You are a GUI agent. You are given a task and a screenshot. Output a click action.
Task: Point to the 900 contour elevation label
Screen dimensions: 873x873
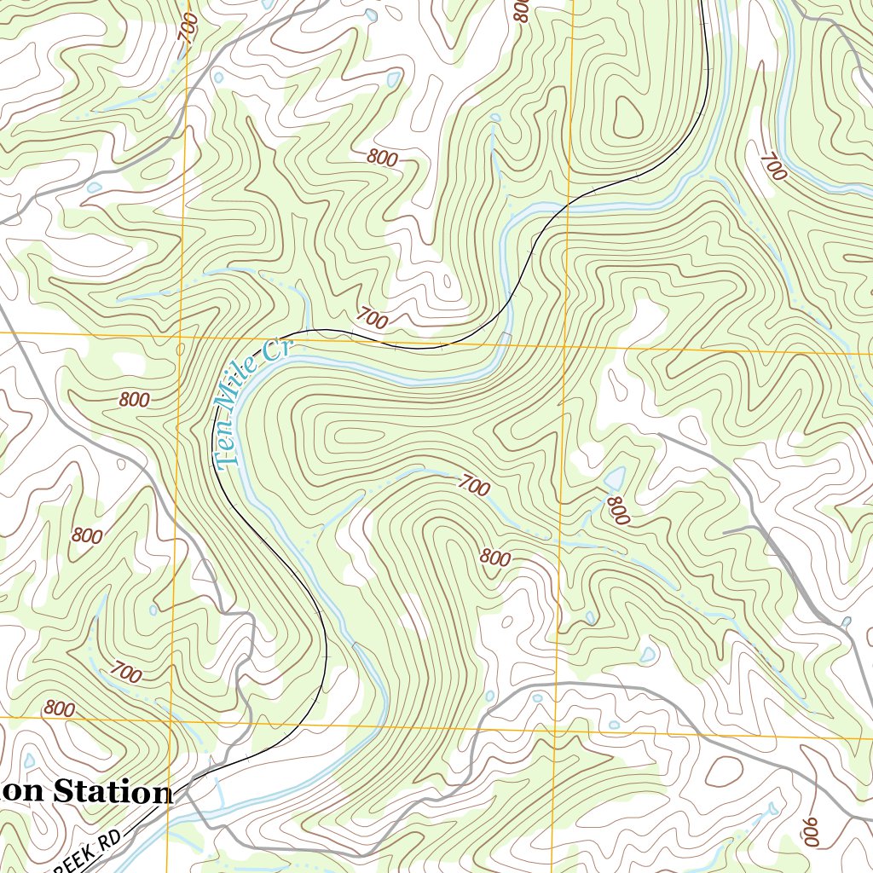(808, 832)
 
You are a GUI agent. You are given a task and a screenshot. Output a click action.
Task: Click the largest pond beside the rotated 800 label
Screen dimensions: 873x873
(613, 477)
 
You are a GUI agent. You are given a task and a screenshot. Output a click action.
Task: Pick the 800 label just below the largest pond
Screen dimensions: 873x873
(617, 510)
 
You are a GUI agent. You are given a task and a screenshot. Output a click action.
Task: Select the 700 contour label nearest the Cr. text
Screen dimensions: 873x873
(372, 320)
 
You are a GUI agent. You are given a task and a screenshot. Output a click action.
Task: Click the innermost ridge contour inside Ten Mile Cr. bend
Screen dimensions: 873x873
(358, 436)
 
